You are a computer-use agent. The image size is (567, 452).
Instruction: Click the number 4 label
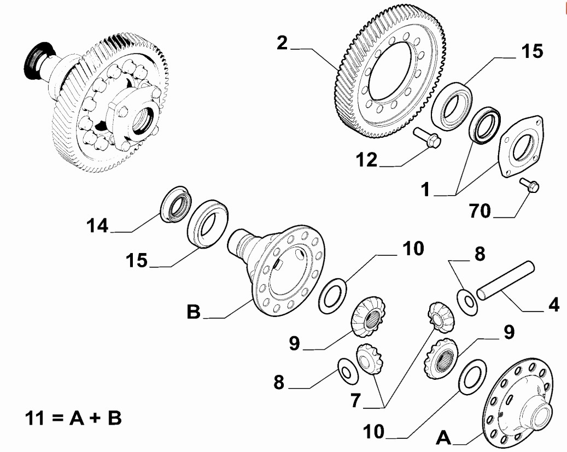pos(553,304)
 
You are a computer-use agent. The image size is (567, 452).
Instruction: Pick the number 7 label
pos(355,400)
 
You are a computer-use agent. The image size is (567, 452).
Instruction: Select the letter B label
pos(194,312)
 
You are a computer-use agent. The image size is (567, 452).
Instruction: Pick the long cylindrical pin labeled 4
pos(505,282)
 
